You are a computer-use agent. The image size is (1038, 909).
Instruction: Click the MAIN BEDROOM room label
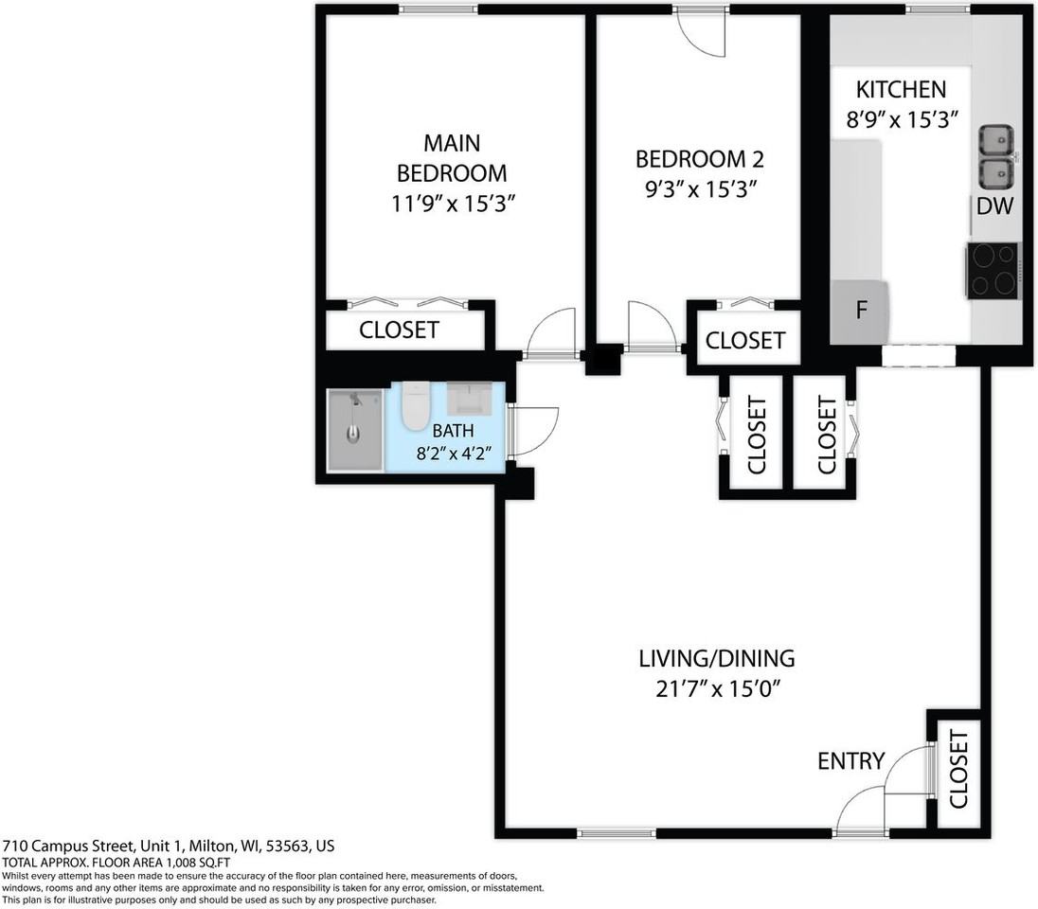tap(451, 158)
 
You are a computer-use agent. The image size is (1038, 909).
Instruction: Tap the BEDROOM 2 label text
tap(699, 159)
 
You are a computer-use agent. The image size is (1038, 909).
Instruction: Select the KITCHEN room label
tap(901, 90)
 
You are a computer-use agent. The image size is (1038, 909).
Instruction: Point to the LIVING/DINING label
tap(716, 658)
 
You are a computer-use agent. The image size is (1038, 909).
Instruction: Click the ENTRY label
tap(850, 760)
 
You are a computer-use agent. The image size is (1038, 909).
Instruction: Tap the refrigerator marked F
tap(860, 312)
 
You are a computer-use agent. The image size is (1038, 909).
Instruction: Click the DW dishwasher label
tap(994, 207)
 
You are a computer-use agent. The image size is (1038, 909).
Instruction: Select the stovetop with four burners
tap(993, 270)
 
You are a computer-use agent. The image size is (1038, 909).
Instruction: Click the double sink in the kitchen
tap(994, 157)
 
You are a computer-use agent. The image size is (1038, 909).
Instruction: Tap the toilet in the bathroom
tap(415, 405)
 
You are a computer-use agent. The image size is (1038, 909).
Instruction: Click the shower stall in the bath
tap(355, 430)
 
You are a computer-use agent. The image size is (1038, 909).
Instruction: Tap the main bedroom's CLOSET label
tap(399, 330)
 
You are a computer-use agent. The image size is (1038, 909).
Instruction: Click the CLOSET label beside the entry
tap(957, 769)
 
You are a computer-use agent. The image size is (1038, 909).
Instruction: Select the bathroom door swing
tap(533, 431)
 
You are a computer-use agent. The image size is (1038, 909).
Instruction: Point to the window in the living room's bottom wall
tap(617, 833)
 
